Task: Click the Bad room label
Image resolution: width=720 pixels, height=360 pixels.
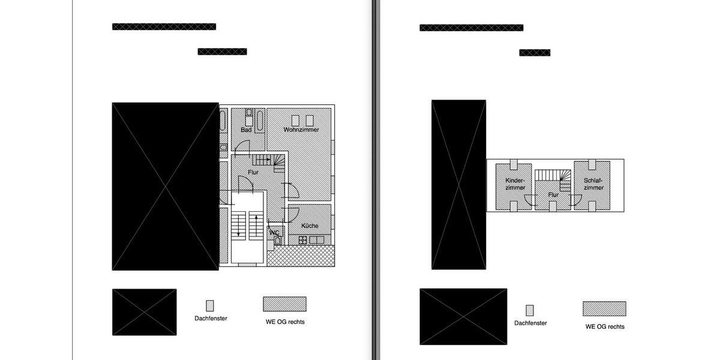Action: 246,130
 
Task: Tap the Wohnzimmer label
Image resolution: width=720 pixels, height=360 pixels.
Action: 301,130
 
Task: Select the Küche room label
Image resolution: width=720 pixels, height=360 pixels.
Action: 310,226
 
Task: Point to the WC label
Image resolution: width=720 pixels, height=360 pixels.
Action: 274,232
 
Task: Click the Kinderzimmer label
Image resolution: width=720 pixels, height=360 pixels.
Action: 515,184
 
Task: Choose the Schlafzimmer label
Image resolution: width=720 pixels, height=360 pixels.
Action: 593,184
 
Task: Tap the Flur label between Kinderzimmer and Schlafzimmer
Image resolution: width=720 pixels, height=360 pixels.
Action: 553,195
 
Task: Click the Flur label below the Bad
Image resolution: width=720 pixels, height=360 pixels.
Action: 253,172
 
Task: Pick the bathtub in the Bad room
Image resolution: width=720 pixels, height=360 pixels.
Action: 260,120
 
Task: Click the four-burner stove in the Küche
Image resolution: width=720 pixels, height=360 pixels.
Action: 302,240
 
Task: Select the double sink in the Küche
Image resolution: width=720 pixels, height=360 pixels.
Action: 317,240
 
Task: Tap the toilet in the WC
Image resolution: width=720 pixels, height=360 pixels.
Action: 278,241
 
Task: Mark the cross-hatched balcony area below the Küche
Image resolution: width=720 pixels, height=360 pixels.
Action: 301,256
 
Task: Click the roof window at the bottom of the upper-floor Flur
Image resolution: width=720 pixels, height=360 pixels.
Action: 553,206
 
